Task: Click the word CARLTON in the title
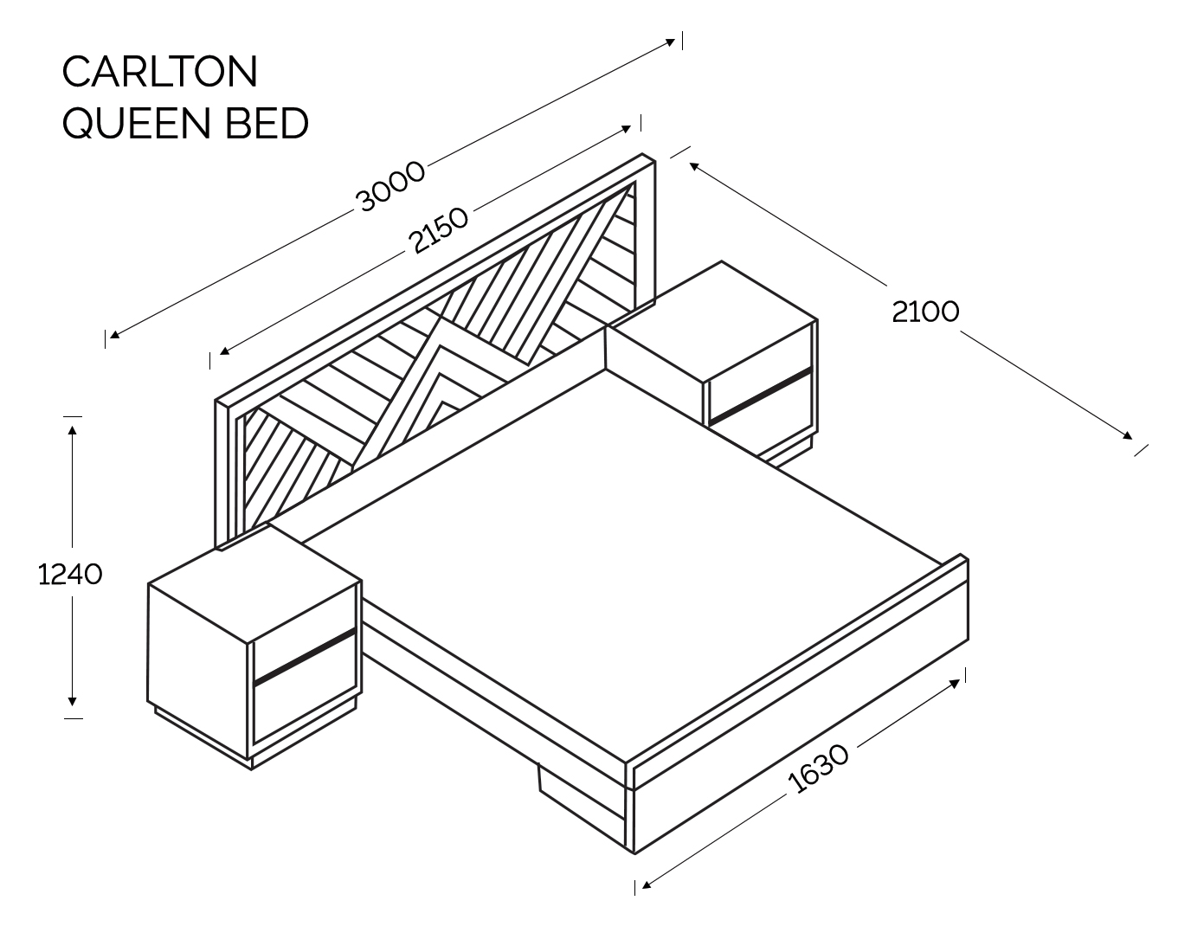pyautogui.click(x=160, y=71)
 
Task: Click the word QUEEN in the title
pyautogui.click(x=137, y=123)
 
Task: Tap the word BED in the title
pyautogui.click(x=267, y=123)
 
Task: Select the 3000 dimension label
pyautogui.click(x=389, y=186)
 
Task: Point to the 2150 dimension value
pyautogui.click(x=438, y=230)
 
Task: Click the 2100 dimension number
pyautogui.click(x=925, y=312)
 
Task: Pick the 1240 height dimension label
pyautogui.click(x=70, y=574)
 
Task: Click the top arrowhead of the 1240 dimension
pyautogui.click(x=72, y=429)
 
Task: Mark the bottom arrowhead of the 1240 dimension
pyautogui.click(x=72, y=702)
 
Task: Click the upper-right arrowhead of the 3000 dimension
pyautogui.click(x=670, y=42)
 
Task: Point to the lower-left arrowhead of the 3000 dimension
pyautogui.click(x=114, y=334)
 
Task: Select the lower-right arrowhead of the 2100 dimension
pyautogui.click(x=1127, y=435)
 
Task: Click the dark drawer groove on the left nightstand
pyautogui.click(x=305, y=657)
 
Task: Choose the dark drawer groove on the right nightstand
pyautogui.click(x=761, y=396)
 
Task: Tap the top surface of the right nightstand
pyautogui.click(x=712, y=322)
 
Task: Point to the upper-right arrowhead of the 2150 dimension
pyautogui.click(x=626, y=130)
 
